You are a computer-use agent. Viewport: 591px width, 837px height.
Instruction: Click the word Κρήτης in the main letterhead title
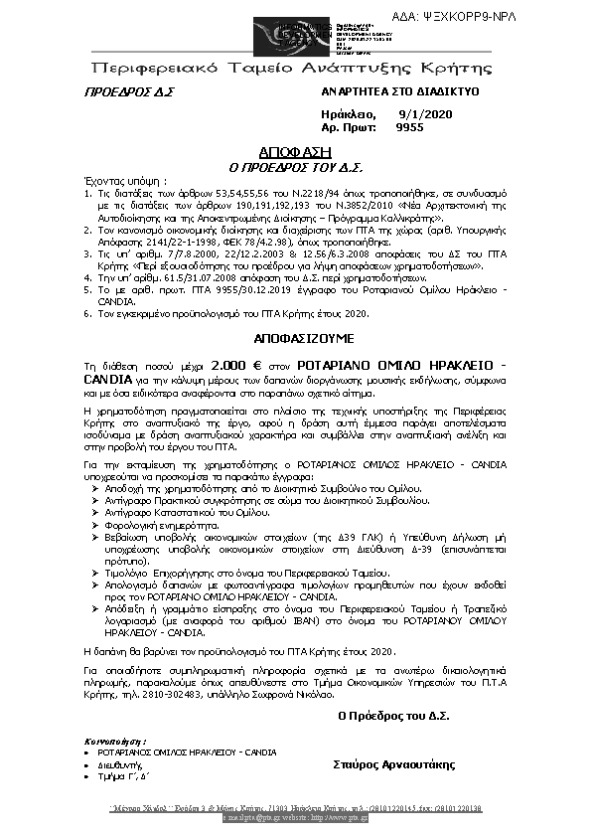463,69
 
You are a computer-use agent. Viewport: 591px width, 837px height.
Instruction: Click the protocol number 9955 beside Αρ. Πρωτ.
409,127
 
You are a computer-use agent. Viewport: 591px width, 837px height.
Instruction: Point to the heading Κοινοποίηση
117,741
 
